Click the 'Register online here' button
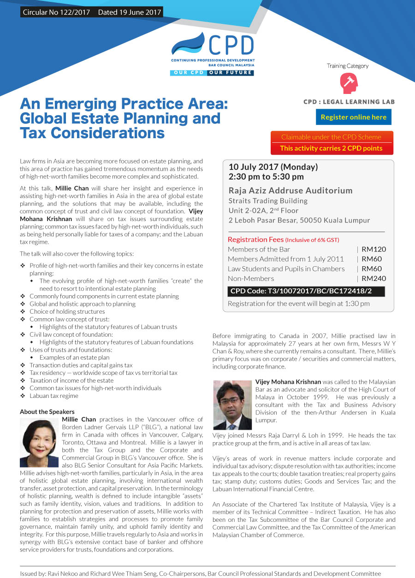[x=353, y=117]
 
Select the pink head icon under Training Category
[x=348, y=83]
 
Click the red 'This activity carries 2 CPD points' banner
[x=332, y=148]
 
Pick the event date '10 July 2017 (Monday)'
[x=273, y=167]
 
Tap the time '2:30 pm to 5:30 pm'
[x=266, y=176]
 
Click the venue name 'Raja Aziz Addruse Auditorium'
[x=290, y=191]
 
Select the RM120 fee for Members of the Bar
[x=373, y=249]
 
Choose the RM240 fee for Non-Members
[x=373, y=278]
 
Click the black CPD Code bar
[x=306, y=292]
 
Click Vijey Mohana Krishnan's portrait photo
[x=232, y=405]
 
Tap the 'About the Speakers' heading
[x=47, y=412]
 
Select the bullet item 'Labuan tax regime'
[x=54, y=396]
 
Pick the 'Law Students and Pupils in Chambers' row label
[x=286, y=269]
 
